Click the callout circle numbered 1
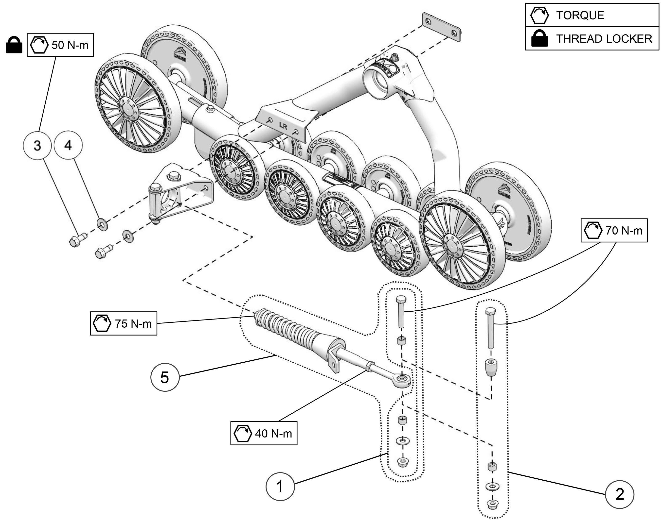[x=280, y=487]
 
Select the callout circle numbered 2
[x=620, y=494]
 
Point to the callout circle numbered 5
[x=164, y=377]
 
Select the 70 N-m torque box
[x=614, y=230]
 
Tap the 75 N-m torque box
[x=124, y=323]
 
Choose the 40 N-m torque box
[x=264, y=433]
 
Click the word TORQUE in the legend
[x=580, y=15]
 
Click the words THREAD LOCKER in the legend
[x=604, y=39]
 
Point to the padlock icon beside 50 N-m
[x=14, y=45]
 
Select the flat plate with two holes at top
[x=441, y=27]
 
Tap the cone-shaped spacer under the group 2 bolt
[x=491, y=368]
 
